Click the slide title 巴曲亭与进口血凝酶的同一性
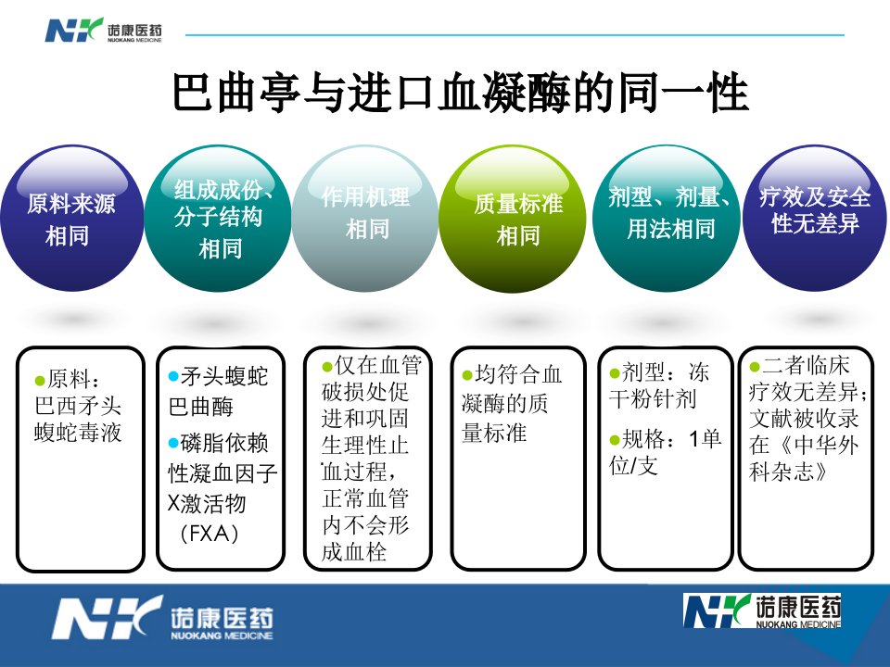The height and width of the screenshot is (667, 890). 461,92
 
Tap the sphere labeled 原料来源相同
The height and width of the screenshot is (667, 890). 72,219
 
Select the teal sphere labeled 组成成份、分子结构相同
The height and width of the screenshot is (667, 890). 218,219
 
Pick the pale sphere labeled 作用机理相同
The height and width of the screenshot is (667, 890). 365,219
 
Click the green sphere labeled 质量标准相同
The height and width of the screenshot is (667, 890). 513,219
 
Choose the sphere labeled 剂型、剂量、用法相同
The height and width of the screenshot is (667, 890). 666,219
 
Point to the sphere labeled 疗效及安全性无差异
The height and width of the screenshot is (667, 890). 815,219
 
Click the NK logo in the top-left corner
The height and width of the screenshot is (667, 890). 103,30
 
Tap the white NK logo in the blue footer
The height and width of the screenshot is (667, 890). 163,618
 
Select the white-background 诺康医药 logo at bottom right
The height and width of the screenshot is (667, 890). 762,610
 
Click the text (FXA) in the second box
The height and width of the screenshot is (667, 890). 209,534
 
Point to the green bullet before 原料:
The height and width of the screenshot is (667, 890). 40,380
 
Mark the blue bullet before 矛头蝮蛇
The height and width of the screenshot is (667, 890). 173,376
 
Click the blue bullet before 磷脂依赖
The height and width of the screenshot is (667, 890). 173,443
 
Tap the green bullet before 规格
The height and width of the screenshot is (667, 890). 615,439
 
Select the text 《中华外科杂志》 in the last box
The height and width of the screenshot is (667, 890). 803,459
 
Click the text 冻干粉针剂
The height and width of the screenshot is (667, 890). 659,386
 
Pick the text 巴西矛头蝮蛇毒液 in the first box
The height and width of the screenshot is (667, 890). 78,419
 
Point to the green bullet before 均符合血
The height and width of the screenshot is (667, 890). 467,375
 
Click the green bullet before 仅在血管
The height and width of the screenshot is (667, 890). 327,367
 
